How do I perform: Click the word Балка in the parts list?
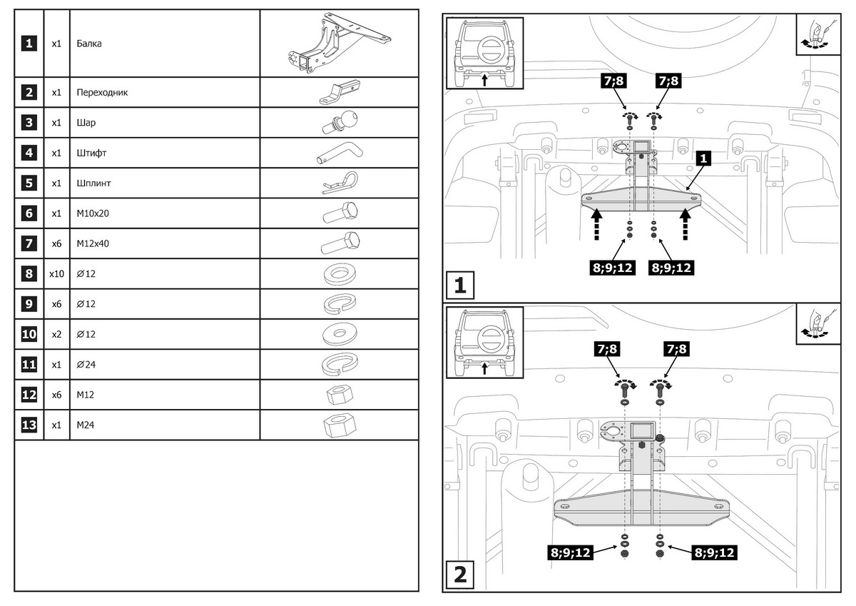89,44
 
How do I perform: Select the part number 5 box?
29,183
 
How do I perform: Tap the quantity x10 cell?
56,273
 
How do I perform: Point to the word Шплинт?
93,183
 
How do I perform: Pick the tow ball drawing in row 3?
340,122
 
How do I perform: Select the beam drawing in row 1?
338,44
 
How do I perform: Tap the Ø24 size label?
86,364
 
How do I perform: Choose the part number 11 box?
29,364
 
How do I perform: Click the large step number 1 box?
460,286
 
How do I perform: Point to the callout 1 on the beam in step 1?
703,159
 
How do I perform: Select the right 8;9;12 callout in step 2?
713,552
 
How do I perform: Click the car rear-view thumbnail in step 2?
484,341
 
